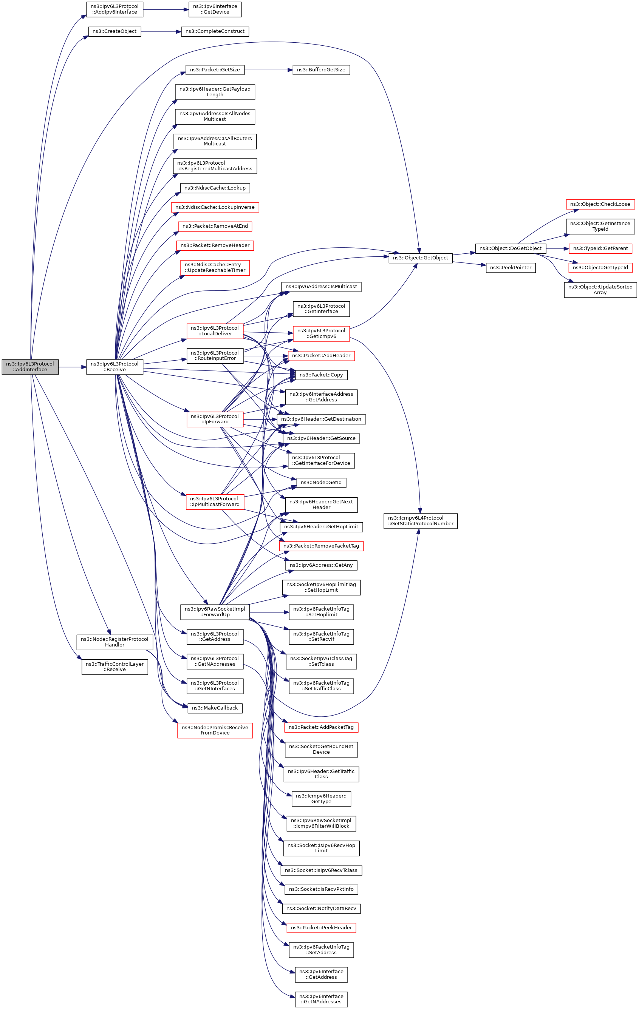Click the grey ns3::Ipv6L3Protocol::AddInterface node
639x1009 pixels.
[x=30, y=367]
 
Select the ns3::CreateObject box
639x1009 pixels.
[x=114, y=31]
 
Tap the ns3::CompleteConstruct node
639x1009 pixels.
[x=215, y=31]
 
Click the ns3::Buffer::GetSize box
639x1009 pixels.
[x=321, y=69]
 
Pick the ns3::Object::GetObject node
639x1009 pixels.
[x=420, y=258]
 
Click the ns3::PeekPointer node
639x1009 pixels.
[x=510, y=267]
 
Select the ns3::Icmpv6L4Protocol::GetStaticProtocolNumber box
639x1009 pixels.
[x=420, y=521]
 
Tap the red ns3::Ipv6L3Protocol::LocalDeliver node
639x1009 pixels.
[x=215, y=331]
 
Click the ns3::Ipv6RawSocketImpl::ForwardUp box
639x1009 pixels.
[x=215, y=612]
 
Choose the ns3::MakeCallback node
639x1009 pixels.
[x=215, y=708]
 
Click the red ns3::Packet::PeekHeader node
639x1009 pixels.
[x=321, y=928]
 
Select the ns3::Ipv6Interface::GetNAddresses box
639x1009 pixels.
[x=321, y=999]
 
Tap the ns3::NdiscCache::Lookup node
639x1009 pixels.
[x=215, y=188]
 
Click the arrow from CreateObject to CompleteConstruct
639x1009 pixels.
[x=161, y=31]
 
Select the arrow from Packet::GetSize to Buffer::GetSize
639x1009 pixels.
[x=268, y=69]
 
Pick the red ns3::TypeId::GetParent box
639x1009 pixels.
[x=600, y=248]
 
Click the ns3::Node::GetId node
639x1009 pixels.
[x=321, y=482]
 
